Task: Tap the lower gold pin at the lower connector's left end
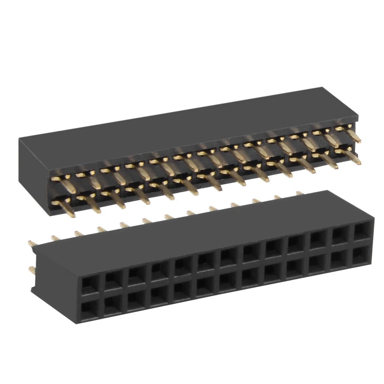[x=32, y=269]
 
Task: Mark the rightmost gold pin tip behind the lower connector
[x=300, y=193]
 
